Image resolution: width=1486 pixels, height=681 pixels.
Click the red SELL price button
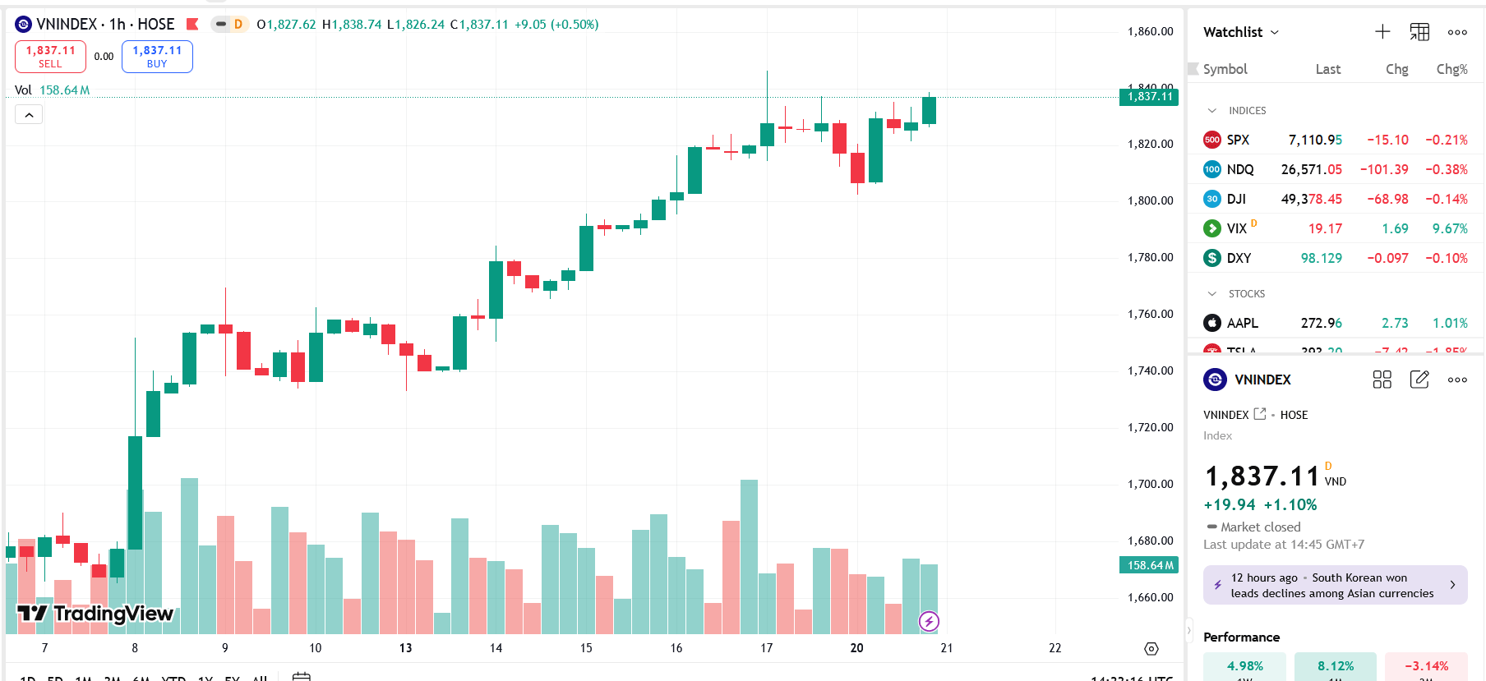pyautogui.click(x=50, y=57)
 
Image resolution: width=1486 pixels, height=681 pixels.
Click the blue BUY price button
pyautogui.click(x=157, y=57)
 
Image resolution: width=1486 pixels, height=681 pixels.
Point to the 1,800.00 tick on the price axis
pyautogui.click(x=1150, y=200)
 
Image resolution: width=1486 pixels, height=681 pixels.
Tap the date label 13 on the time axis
pyautogui.click(x=405, y=648)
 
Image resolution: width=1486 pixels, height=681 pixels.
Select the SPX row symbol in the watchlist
pyautogui.click(x=1238, y=140)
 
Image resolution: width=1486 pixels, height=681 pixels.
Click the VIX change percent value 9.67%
pyautogui.click(x=1449, y=228)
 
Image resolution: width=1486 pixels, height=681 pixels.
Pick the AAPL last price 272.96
pyautogui.click(x=1321, y=323)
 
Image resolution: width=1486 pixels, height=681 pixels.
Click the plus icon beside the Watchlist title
pyautogui.click(x=1382, y=32)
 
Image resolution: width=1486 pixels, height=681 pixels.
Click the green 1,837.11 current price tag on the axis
pyautogui.click(x=1149, y=97)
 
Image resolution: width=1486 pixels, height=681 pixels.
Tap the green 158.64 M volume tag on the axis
pyautogui.click(x=1149, y=565)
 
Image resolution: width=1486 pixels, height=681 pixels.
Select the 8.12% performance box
pyautogui.click(x=1335, y=666)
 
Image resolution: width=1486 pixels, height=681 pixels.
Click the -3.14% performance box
pyautogui.click(x=1426, y=666)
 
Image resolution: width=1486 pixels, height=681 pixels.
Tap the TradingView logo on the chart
pyautogui.click(x=95, y=614)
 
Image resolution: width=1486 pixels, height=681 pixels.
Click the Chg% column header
pyautogui.click(x=1451, y=69)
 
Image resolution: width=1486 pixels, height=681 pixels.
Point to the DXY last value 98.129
pyautogui.click(x=1321, y=258)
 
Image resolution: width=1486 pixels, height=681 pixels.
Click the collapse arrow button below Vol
pyautogui.click(x=29, y=115)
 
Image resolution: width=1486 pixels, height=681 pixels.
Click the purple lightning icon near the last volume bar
pyautogui.click(x=929, y=621)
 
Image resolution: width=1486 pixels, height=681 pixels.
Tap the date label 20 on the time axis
pyautogui.click(x=856, y=648)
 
